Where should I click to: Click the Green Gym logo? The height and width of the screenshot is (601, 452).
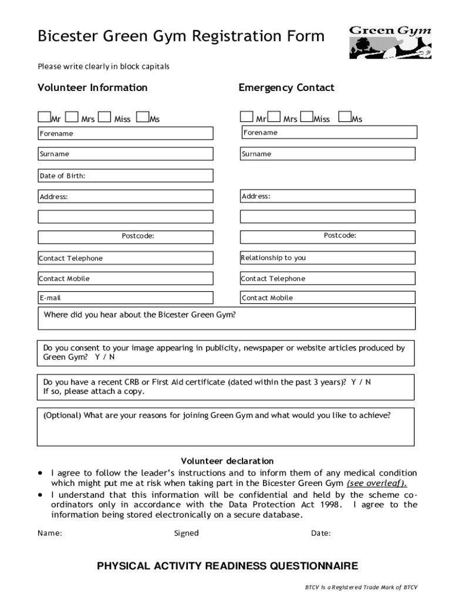click(390, 42)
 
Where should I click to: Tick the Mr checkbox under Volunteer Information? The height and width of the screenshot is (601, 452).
click(44, 117)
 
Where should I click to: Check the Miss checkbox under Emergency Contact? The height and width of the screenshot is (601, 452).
click(305, 117)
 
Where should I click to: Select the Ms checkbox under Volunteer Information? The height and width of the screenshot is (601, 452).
click(141, 117)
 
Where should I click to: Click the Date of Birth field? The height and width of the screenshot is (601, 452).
click(125, 175)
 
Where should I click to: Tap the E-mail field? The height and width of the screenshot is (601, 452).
click(125, 298)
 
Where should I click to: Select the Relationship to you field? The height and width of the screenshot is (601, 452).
click(328, 258)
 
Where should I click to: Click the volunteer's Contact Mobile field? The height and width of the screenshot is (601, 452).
click(125, 278)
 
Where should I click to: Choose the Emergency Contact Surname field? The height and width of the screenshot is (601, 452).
click(328, 154)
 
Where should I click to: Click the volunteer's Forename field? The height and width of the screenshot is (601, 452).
click(125, 133)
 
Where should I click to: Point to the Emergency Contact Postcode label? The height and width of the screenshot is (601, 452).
click(340, 235)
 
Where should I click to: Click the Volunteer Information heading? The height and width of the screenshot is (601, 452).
click(93, 87)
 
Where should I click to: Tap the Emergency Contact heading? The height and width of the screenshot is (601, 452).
click(286, 87)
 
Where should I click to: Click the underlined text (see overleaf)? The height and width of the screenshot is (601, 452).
click(376, 484)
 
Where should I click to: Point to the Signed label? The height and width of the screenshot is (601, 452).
click(186, 533)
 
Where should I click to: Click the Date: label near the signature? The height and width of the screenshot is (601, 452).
click(321, 533)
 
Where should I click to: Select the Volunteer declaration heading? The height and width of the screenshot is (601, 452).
click(227, 461)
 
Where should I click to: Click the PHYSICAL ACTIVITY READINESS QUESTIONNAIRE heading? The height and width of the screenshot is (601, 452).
click(227, 566)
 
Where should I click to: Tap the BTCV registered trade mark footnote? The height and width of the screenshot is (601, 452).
click(360, 587)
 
